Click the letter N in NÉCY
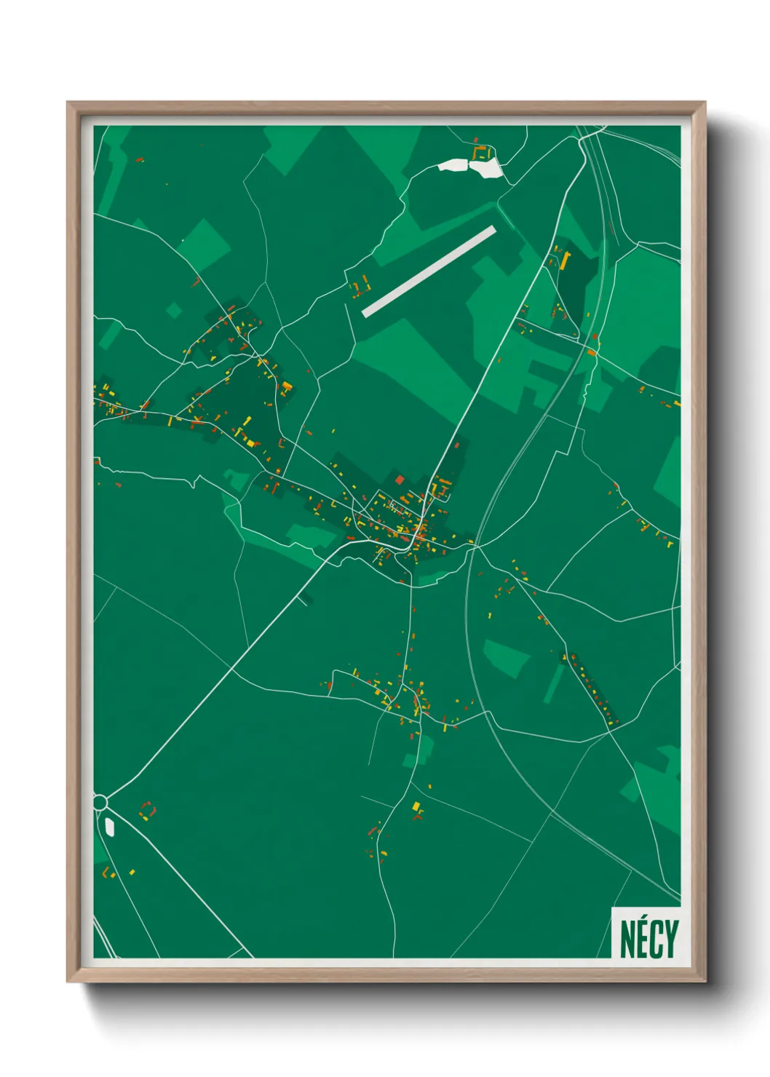pyautogui.click(x=627, y=939)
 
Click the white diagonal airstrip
pyautogui.click(x=429, y=271)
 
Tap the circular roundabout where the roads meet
pyautogui.click(x=100, y=802)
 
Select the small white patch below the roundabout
pyautogui.click(x=109, y=826)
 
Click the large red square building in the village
pyautogui.click(x=399, y=480)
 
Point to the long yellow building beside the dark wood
pyautogui.click(x=564, y=259)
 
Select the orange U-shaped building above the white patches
pyautogui.click(x=480, y=152)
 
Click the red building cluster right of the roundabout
pyautogui.click(x=148, y=810)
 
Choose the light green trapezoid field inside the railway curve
pyautogui.click(x=506, y=656)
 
